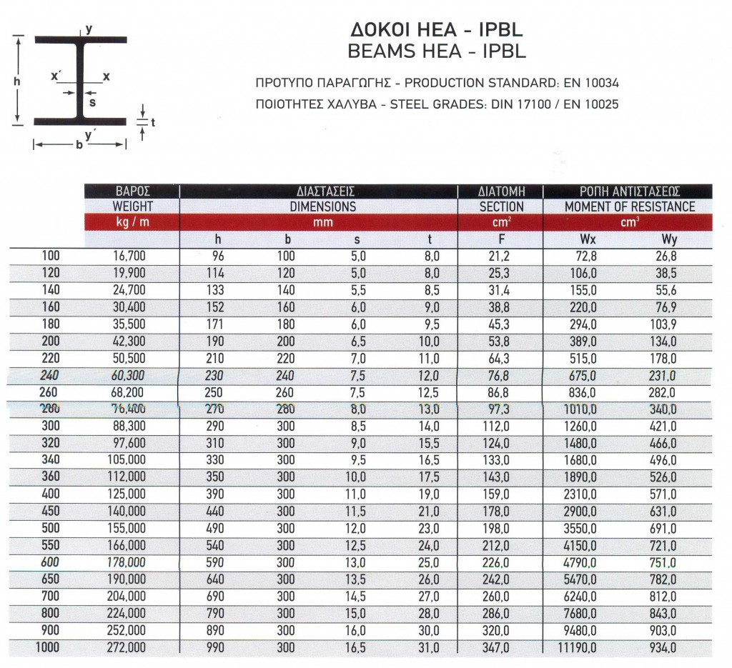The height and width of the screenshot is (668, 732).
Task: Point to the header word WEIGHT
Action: [132, 206]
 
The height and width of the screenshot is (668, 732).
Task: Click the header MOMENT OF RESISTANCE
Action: [629, 206]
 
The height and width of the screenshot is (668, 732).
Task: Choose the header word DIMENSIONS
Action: [322, 206]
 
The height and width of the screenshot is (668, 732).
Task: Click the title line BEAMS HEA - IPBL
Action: [435, 51]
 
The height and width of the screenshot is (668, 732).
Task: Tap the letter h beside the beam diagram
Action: [16, 81]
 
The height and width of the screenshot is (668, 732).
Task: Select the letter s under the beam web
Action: [91, 102]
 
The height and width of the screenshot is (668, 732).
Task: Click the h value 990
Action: [214, 649]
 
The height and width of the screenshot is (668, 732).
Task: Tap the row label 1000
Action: [48, 649]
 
